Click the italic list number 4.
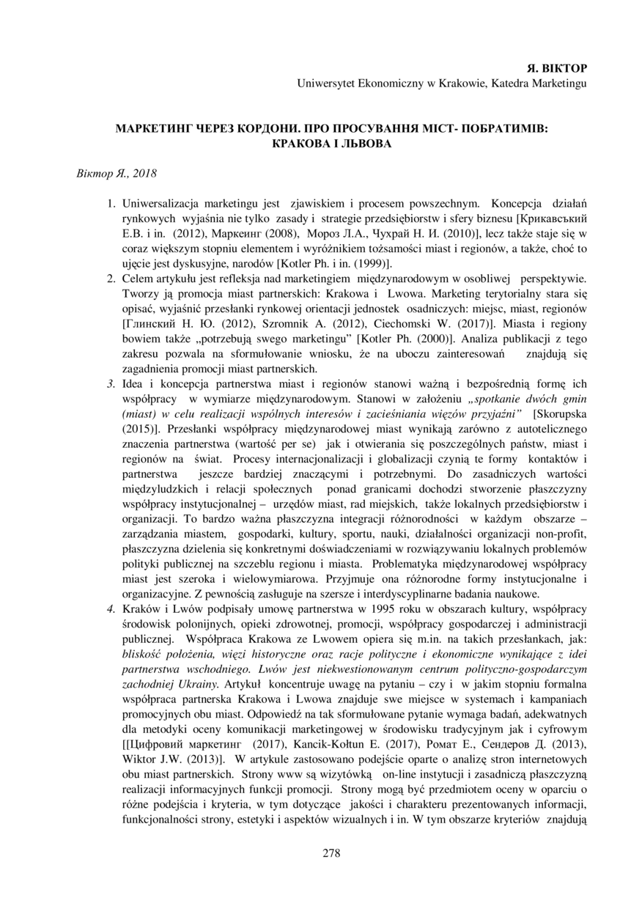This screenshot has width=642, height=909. tap(111, 609)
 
